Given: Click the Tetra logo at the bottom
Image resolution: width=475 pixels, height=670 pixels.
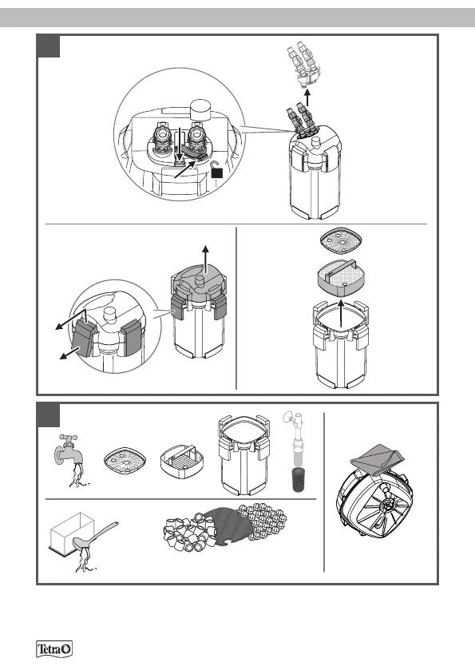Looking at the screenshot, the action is pyautogui.click(x=54, y=649).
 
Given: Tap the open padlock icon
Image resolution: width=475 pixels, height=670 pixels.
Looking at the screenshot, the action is pyautogui.click(x=217, y=170).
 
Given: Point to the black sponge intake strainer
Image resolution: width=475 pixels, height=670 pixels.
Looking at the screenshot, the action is pyautogui.click(x=295, y=480).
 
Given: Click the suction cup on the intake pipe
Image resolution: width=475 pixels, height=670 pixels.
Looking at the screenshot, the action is pyautogui.click(x=287, y=416).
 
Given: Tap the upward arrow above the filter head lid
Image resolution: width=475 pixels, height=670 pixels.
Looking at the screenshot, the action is pyautogui.click(x=206, y=260).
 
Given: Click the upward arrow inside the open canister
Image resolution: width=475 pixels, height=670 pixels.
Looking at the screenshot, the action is pyautogui.click(x=340, y=314).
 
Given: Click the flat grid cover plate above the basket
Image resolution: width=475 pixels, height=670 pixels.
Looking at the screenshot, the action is pyautogui.click(x=342, y=240).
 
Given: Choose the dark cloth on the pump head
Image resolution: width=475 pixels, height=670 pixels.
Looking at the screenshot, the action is pyautogui.click(x=377, y=459).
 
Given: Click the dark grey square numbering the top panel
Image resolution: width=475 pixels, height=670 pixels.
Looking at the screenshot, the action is pyautogui.click(x=48, y=46).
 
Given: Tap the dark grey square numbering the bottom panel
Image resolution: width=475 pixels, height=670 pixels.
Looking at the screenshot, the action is pyautogui.click(x=48, y=415).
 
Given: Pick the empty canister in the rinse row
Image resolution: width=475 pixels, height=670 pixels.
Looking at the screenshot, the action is pyautogui.click(x=243, y=454).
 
